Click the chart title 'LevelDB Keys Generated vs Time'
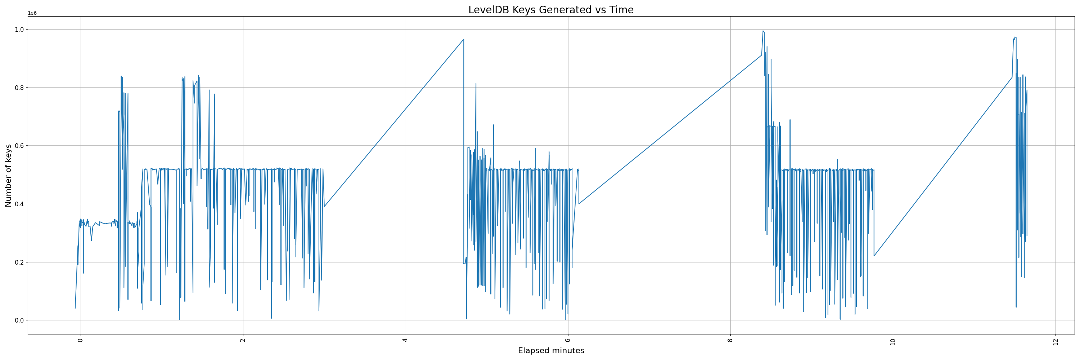coord(550,10)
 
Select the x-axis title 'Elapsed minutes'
coord(550,351)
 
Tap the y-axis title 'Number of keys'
coord(8,176)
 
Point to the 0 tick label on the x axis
coord(81,340)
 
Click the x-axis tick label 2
coord(243,340)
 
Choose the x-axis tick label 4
coord(405,340)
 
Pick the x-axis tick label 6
coord(568,340)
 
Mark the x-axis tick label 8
coord(730,340)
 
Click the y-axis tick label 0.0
coord(20,321)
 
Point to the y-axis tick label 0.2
coord(20,262)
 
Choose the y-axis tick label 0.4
coord(20,204)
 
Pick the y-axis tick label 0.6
coord(20,146)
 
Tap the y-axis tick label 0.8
coord(20,87)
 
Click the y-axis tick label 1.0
coord(20,29)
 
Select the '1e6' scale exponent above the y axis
coord(32,13)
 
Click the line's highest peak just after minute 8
coord(762,31)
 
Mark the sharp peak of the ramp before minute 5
coord(463,39)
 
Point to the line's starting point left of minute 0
coord(76,308)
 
